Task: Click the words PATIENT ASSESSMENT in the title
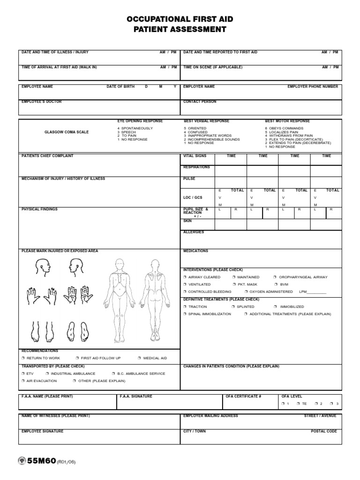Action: pos(180,30)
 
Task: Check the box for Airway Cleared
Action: pos(185,277)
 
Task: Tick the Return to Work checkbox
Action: pos(23,358)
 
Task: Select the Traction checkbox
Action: pos(185,307)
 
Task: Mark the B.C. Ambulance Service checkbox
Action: pos(113,374)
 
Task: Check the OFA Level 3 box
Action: pos(332,404)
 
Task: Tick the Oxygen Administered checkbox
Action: pos(246,292)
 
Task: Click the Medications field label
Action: pos(195,251)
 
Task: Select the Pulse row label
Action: pos(189,179)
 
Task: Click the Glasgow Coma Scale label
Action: pos(67,132)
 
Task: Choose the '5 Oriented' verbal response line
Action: pos(196,128)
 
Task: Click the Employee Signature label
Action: pos(43,431)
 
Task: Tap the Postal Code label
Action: pos(324,431)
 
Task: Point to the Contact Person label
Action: pos(200,102)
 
